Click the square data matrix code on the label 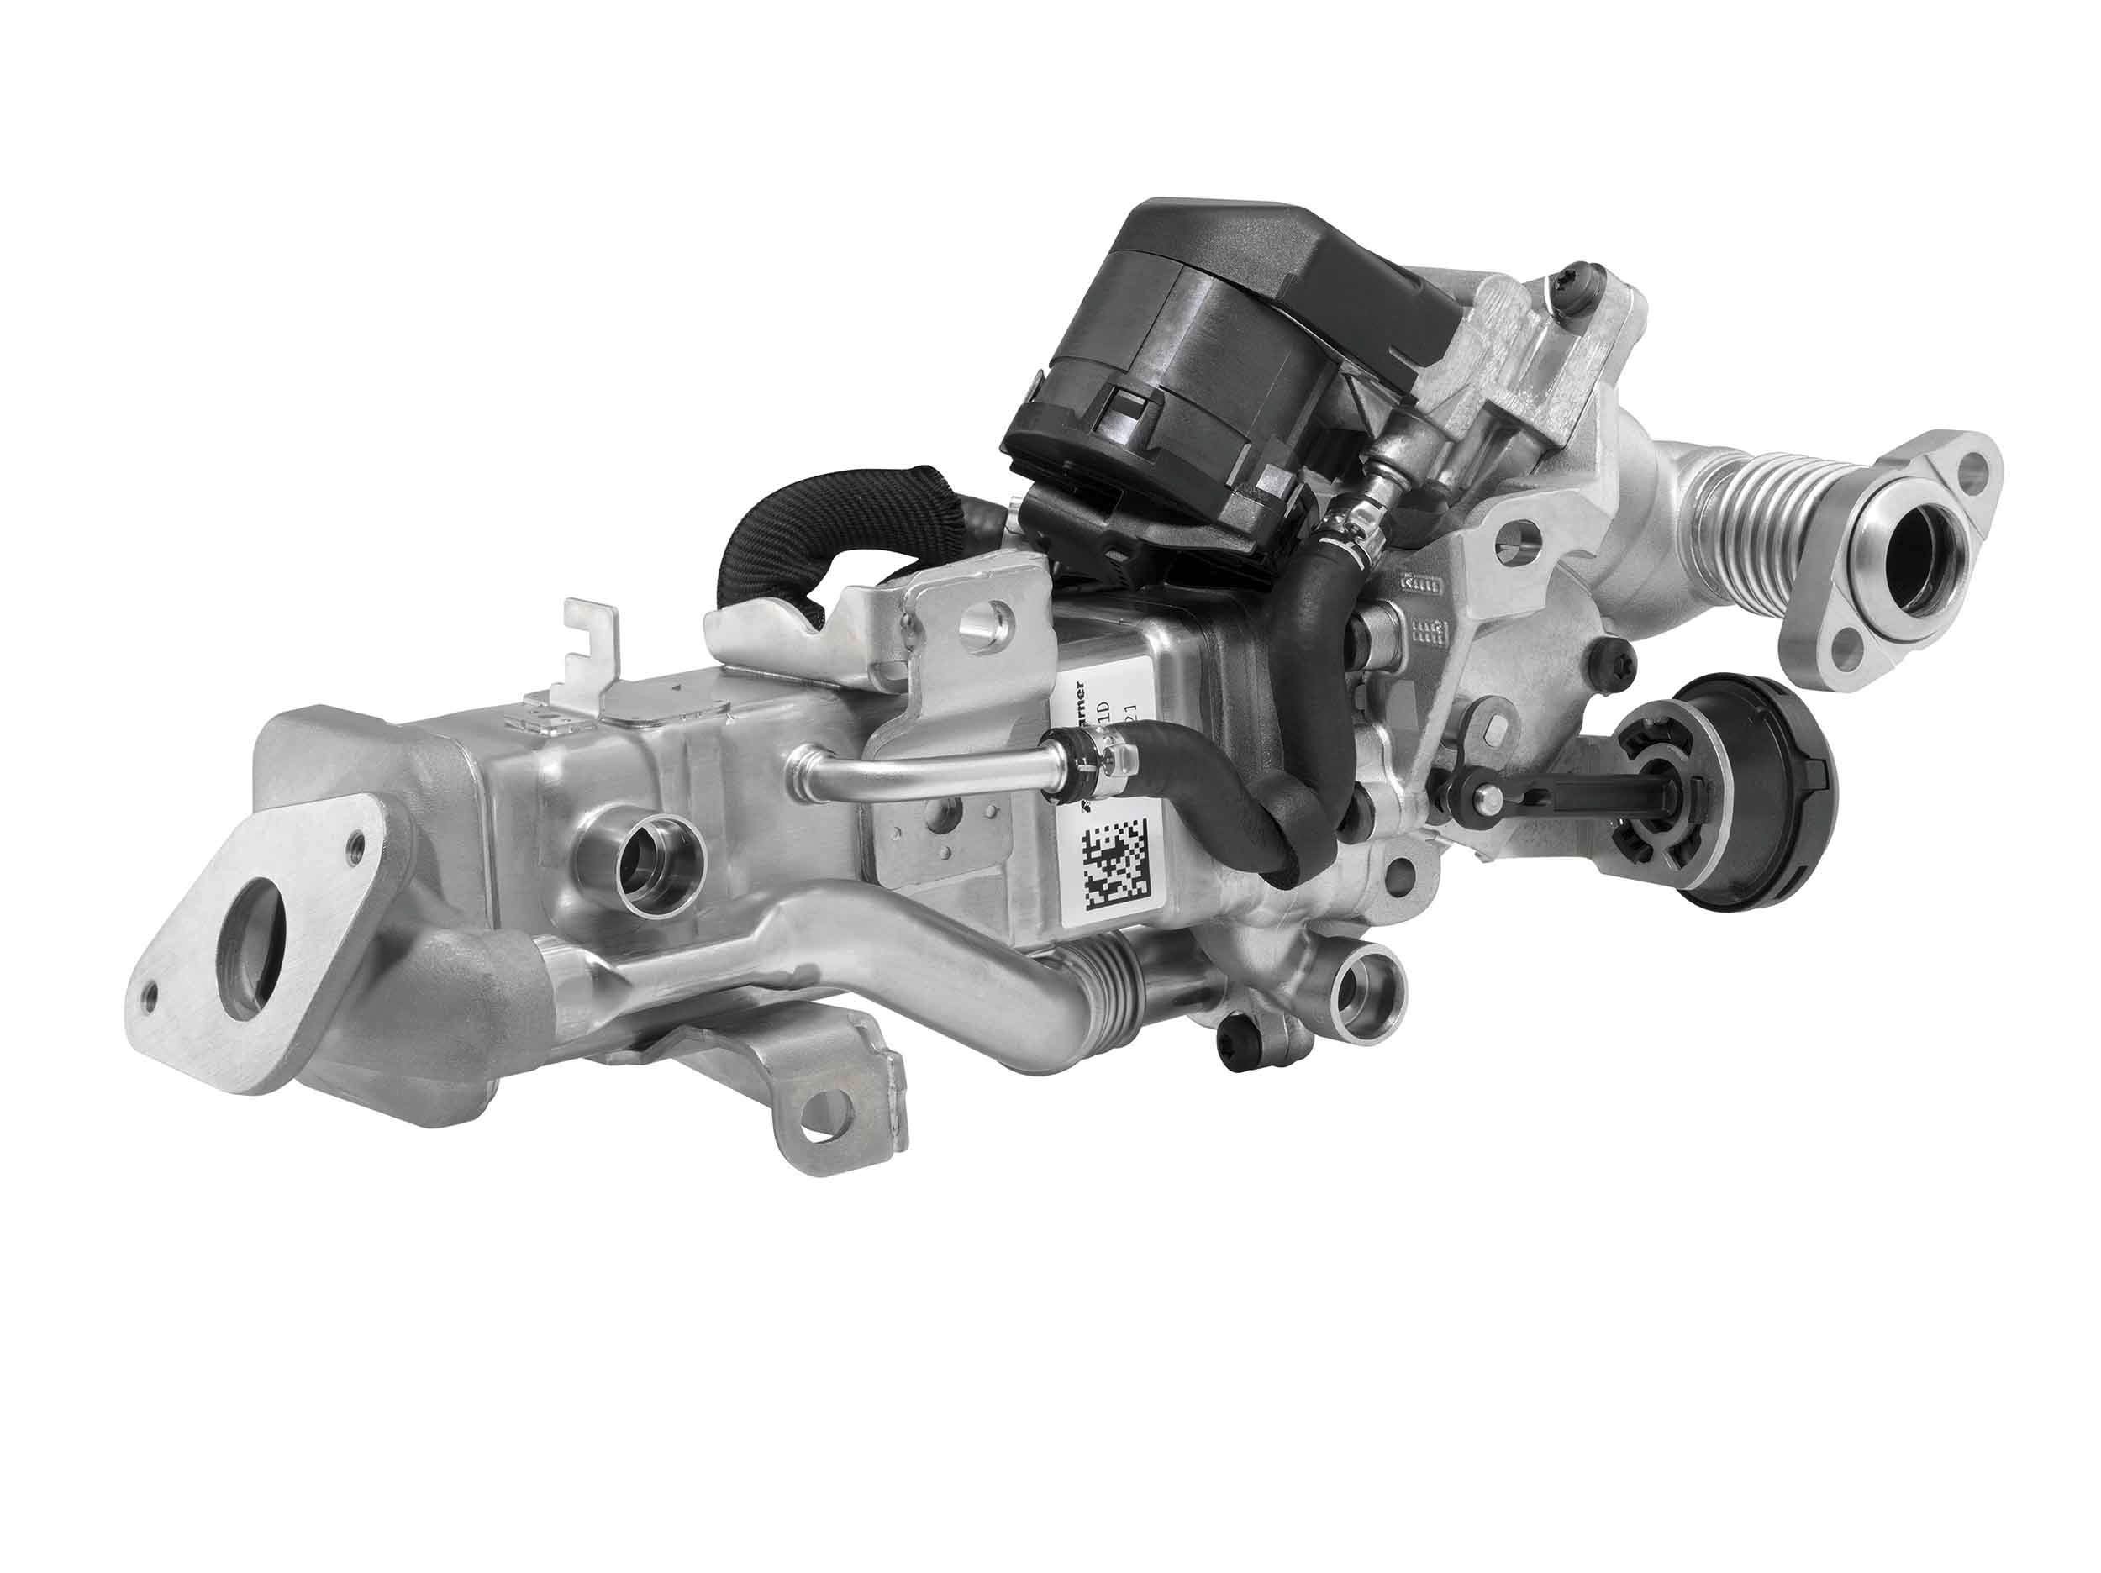[1118, 865]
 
